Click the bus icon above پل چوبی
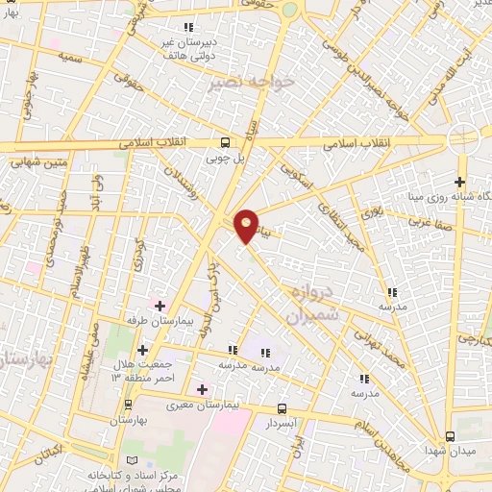pos(225,139)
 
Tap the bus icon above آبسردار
pos(281,407)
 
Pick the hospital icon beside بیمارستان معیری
pos(202,389)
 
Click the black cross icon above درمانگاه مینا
pos(460,181)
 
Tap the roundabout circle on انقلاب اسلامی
pos(463,137)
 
